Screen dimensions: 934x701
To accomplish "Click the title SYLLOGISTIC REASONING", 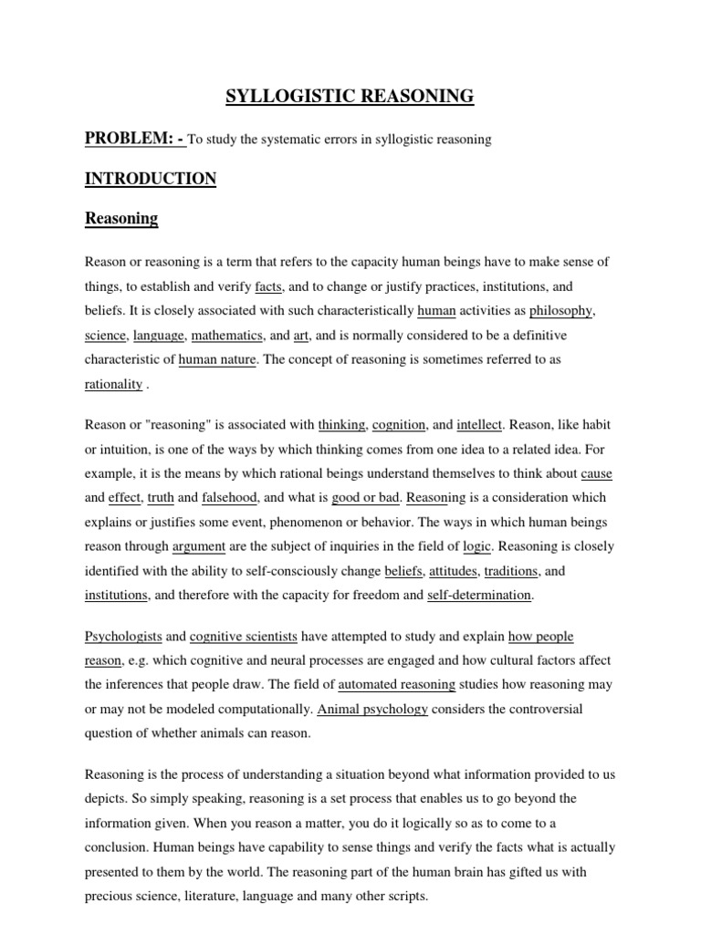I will [x=350, y=96].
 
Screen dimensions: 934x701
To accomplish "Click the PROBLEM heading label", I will [x=134, y=139].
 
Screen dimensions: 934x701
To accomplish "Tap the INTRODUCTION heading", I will [x=151, y=179].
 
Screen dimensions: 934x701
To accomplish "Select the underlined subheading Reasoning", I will [x=121, y=219].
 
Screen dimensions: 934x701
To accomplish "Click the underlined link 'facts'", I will [x=268, y=286].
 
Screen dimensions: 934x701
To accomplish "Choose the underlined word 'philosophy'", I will [x=561, y=311].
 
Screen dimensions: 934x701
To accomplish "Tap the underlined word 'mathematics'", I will [x=227, y=336].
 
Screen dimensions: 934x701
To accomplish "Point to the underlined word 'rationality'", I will [x=114, y=384].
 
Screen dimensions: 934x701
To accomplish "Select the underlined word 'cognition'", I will [x=399, y=424].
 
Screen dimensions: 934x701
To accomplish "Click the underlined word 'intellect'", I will [x=479, y=424].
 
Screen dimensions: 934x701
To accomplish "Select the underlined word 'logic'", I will [x=477, y=546].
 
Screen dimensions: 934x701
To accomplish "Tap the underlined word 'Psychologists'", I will [x=123, y=636].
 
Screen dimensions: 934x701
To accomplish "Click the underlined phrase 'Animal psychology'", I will [x=372, y=709].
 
